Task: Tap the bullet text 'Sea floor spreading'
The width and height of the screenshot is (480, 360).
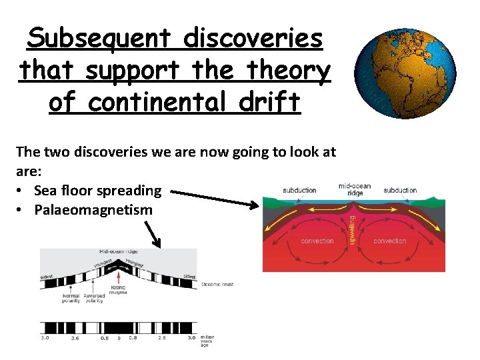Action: point(97,191)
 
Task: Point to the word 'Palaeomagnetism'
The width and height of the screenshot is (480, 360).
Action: point(93,210)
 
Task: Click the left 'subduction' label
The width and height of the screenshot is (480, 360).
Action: point(299,190)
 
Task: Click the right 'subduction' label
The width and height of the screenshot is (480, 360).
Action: point(400,190)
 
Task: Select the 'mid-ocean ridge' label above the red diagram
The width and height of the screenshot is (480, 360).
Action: point(354,189)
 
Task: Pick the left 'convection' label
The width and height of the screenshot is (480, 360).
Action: point(317,241)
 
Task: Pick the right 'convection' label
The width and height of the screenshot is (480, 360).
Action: point(390,241)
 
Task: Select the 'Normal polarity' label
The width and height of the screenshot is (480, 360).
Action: point(71,298)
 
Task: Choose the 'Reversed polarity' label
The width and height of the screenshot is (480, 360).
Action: point(94,298)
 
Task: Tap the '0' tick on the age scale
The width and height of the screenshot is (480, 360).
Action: point(119,338)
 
